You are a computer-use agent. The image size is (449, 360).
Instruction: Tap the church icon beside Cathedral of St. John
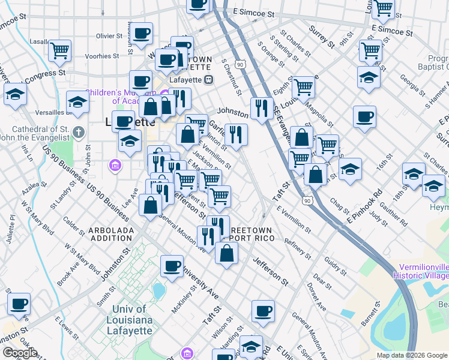pos(78,131)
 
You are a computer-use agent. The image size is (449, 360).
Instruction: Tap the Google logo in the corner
pos(20,353)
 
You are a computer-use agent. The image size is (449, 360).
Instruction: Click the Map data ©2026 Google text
pos(412,355)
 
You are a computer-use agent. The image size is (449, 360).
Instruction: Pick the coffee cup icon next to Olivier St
pos(142,34)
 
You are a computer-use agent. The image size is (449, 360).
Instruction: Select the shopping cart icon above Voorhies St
pos(60,50)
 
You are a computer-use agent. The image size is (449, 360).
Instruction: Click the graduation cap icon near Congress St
pos(15,94)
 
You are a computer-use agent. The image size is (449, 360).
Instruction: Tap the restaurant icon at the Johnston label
pos(261,108)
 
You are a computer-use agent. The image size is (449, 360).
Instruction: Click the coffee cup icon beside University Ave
pos(172,266)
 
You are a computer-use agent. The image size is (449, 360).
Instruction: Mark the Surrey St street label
pos(322,37)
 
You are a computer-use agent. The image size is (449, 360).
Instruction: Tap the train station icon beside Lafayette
pos(208,79)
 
